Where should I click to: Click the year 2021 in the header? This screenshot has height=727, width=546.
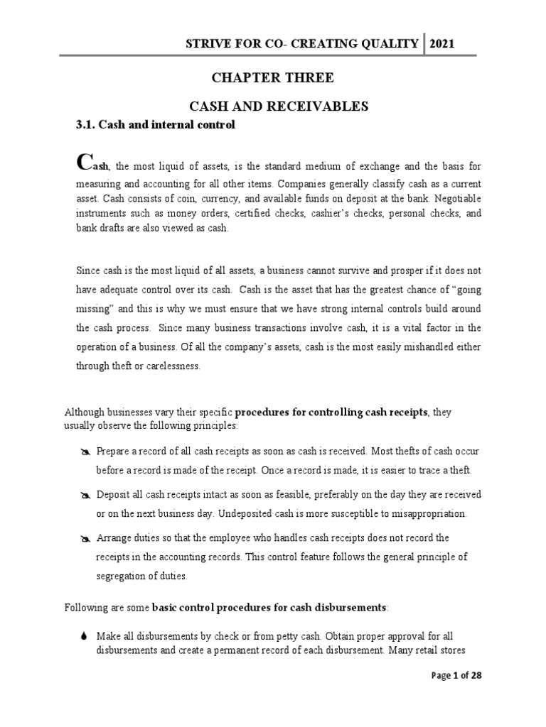point(441,44)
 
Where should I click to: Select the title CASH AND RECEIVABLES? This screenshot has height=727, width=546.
point(278,106)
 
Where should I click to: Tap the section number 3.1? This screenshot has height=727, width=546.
point(85,125)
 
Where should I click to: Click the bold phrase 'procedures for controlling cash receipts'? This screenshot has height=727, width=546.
point(331,412)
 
